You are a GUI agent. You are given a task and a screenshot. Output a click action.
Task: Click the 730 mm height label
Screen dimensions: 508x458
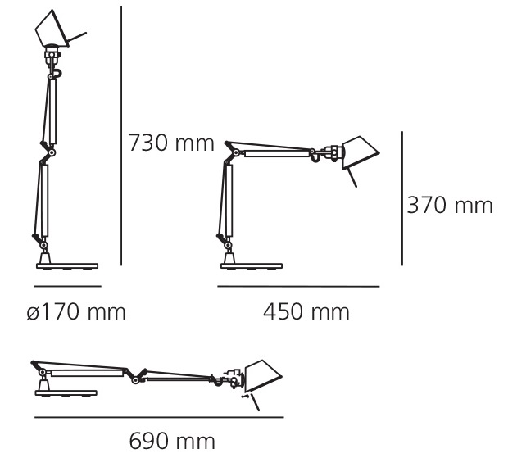[x=171, y=143]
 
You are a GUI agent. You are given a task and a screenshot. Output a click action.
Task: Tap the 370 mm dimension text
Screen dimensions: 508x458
[x=450, y=205]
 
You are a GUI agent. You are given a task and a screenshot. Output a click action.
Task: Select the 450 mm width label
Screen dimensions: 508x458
[x=306, y=312]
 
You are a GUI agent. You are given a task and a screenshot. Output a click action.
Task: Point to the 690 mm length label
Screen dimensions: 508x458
[x=172, y=441]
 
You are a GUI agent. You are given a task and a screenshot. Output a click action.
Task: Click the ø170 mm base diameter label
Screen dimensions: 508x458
[x=76, y=312]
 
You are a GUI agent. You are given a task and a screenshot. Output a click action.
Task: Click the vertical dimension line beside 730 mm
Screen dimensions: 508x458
[x=121, y=135]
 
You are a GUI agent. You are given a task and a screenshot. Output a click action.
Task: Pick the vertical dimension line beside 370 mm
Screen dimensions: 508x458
[x=402, y=198]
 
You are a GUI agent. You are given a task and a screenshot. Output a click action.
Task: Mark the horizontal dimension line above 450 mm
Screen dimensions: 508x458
[x=298, y=286]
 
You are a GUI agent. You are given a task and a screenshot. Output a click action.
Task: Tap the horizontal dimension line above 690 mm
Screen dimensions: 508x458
[x=159, y=417]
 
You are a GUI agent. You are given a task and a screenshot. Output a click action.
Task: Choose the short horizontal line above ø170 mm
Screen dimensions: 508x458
[x=68, y=286]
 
